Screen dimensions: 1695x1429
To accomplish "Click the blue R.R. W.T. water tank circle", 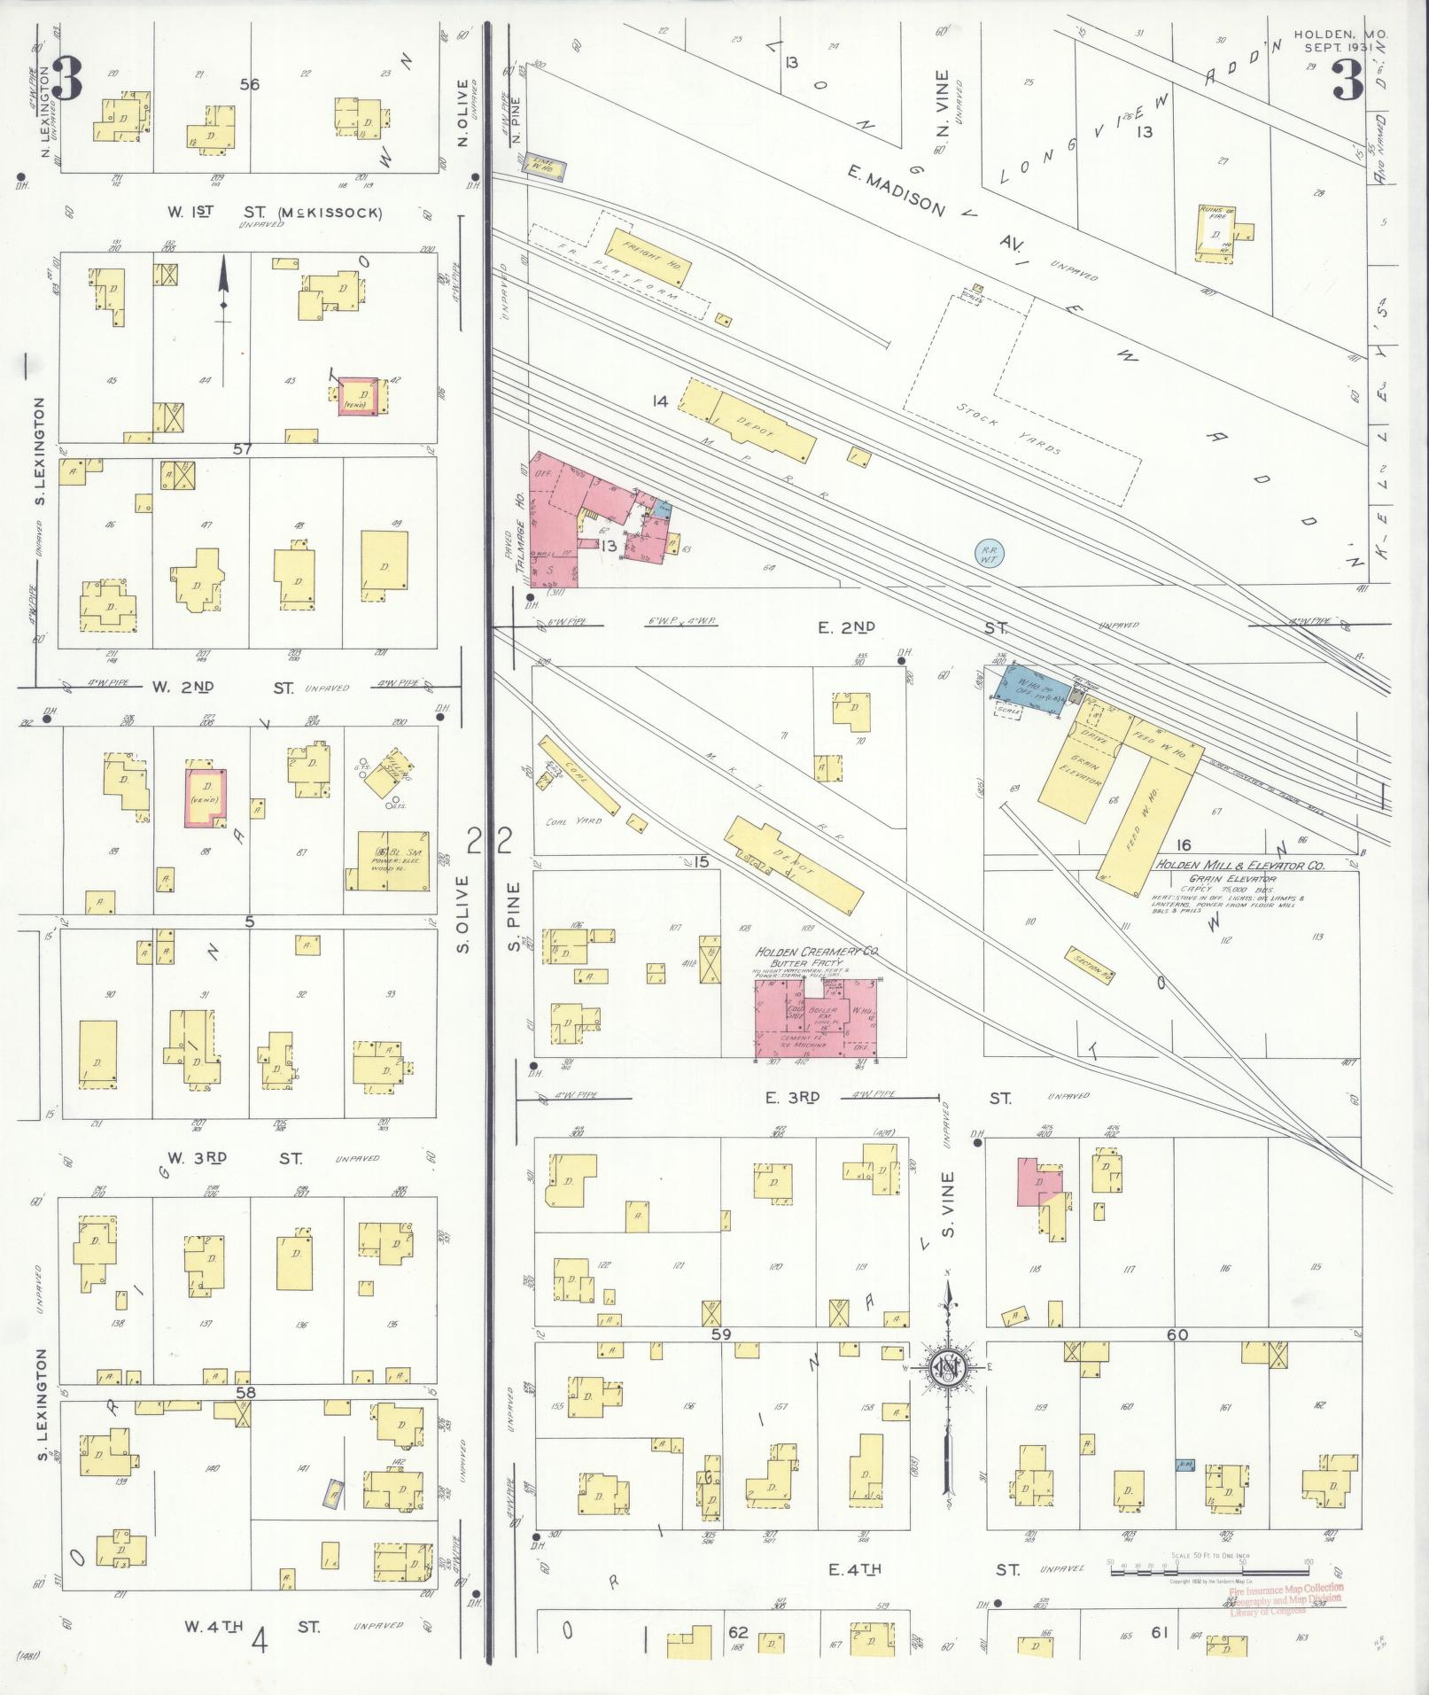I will (x=988, y=555).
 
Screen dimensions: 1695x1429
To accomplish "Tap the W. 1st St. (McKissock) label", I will (x=274, y=213).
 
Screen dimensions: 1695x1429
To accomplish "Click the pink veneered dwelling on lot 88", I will (x=206, y=797).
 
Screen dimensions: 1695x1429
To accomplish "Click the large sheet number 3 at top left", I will (x=67, y=78).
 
